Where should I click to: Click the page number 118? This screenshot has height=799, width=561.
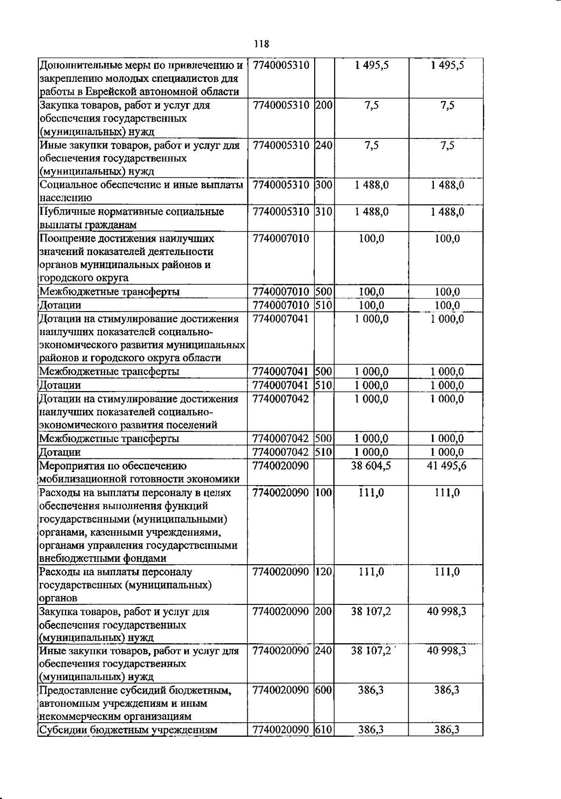[262, 44]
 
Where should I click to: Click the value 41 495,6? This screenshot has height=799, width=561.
[446, 465]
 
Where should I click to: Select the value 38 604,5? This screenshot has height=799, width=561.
[371, 465]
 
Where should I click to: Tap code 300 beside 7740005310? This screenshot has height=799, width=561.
[324, 185]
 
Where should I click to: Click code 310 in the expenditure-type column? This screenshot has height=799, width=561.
[324, 212]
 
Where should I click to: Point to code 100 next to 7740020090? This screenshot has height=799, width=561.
[324, 493]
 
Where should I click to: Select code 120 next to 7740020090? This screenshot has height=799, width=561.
[324, 572]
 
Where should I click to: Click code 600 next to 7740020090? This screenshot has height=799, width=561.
[324, 690]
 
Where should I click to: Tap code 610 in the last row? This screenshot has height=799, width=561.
[324, 729]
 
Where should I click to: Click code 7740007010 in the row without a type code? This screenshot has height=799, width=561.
[280, 239]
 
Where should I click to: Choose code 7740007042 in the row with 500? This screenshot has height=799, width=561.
[280, 439]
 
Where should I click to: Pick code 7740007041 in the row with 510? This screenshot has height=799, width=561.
[280, 385]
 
